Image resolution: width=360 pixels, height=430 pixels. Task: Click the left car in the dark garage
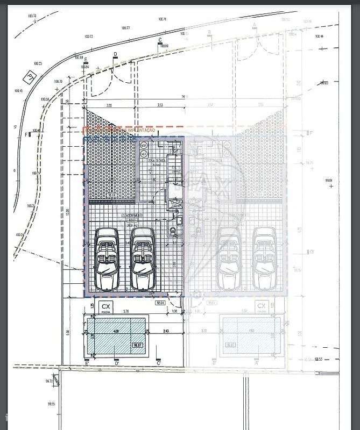tap(107, 259)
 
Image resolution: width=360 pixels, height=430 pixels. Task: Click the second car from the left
tap(143, 259)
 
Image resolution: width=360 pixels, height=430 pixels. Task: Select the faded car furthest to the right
tap(265, 259)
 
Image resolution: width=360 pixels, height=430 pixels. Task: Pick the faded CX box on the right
tap(262, 307)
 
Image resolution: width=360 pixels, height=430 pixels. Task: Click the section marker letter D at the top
tap(115, 54)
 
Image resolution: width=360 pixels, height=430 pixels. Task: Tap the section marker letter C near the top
tap(160, 41)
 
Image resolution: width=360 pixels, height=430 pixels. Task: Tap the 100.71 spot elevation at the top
tap(161, 19)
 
